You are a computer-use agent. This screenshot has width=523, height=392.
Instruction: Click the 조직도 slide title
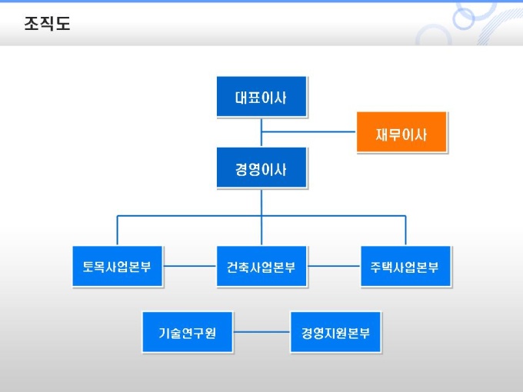(x=47, y=24)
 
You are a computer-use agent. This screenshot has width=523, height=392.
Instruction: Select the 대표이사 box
(x=261, y=97)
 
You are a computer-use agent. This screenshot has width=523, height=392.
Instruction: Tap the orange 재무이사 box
(x=401, y=133)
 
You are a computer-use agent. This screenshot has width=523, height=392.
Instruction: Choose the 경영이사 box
(x=261, y=168)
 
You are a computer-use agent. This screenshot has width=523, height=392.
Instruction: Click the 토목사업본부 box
(x=118, y=267)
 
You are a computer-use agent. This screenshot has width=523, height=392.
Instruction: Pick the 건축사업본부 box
(x=261, y=267)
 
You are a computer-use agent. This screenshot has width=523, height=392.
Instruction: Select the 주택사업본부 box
(x=405, y=267)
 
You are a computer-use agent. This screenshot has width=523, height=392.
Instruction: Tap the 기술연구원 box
(x=188, y=332)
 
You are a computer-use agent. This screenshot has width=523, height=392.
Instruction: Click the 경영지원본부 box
(x=335, y=332)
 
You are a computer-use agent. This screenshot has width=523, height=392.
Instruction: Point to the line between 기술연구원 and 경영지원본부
(x=261, y=333)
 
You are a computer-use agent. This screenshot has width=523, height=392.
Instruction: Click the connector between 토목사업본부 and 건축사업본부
(x=189, y=267)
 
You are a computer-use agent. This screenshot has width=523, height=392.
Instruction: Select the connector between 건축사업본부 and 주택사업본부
(x=334, y=267)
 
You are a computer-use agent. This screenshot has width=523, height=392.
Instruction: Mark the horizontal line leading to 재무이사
(x=308, y=132)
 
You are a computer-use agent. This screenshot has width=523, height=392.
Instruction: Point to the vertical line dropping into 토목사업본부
(x=118, y=231)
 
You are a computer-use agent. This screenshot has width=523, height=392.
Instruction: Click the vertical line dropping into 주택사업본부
(x=405, y=231)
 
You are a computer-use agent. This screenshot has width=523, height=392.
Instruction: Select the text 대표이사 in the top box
(x=261, y=98)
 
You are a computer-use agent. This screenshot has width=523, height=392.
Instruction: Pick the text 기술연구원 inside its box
(x=188, y=334)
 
